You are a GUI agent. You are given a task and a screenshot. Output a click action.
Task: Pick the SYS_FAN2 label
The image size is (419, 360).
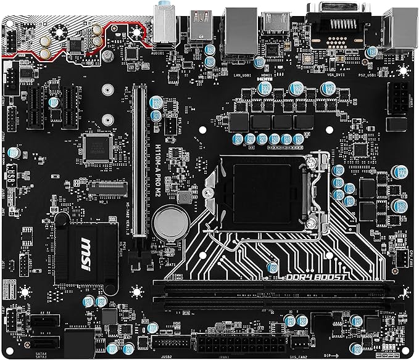(300, 355)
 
